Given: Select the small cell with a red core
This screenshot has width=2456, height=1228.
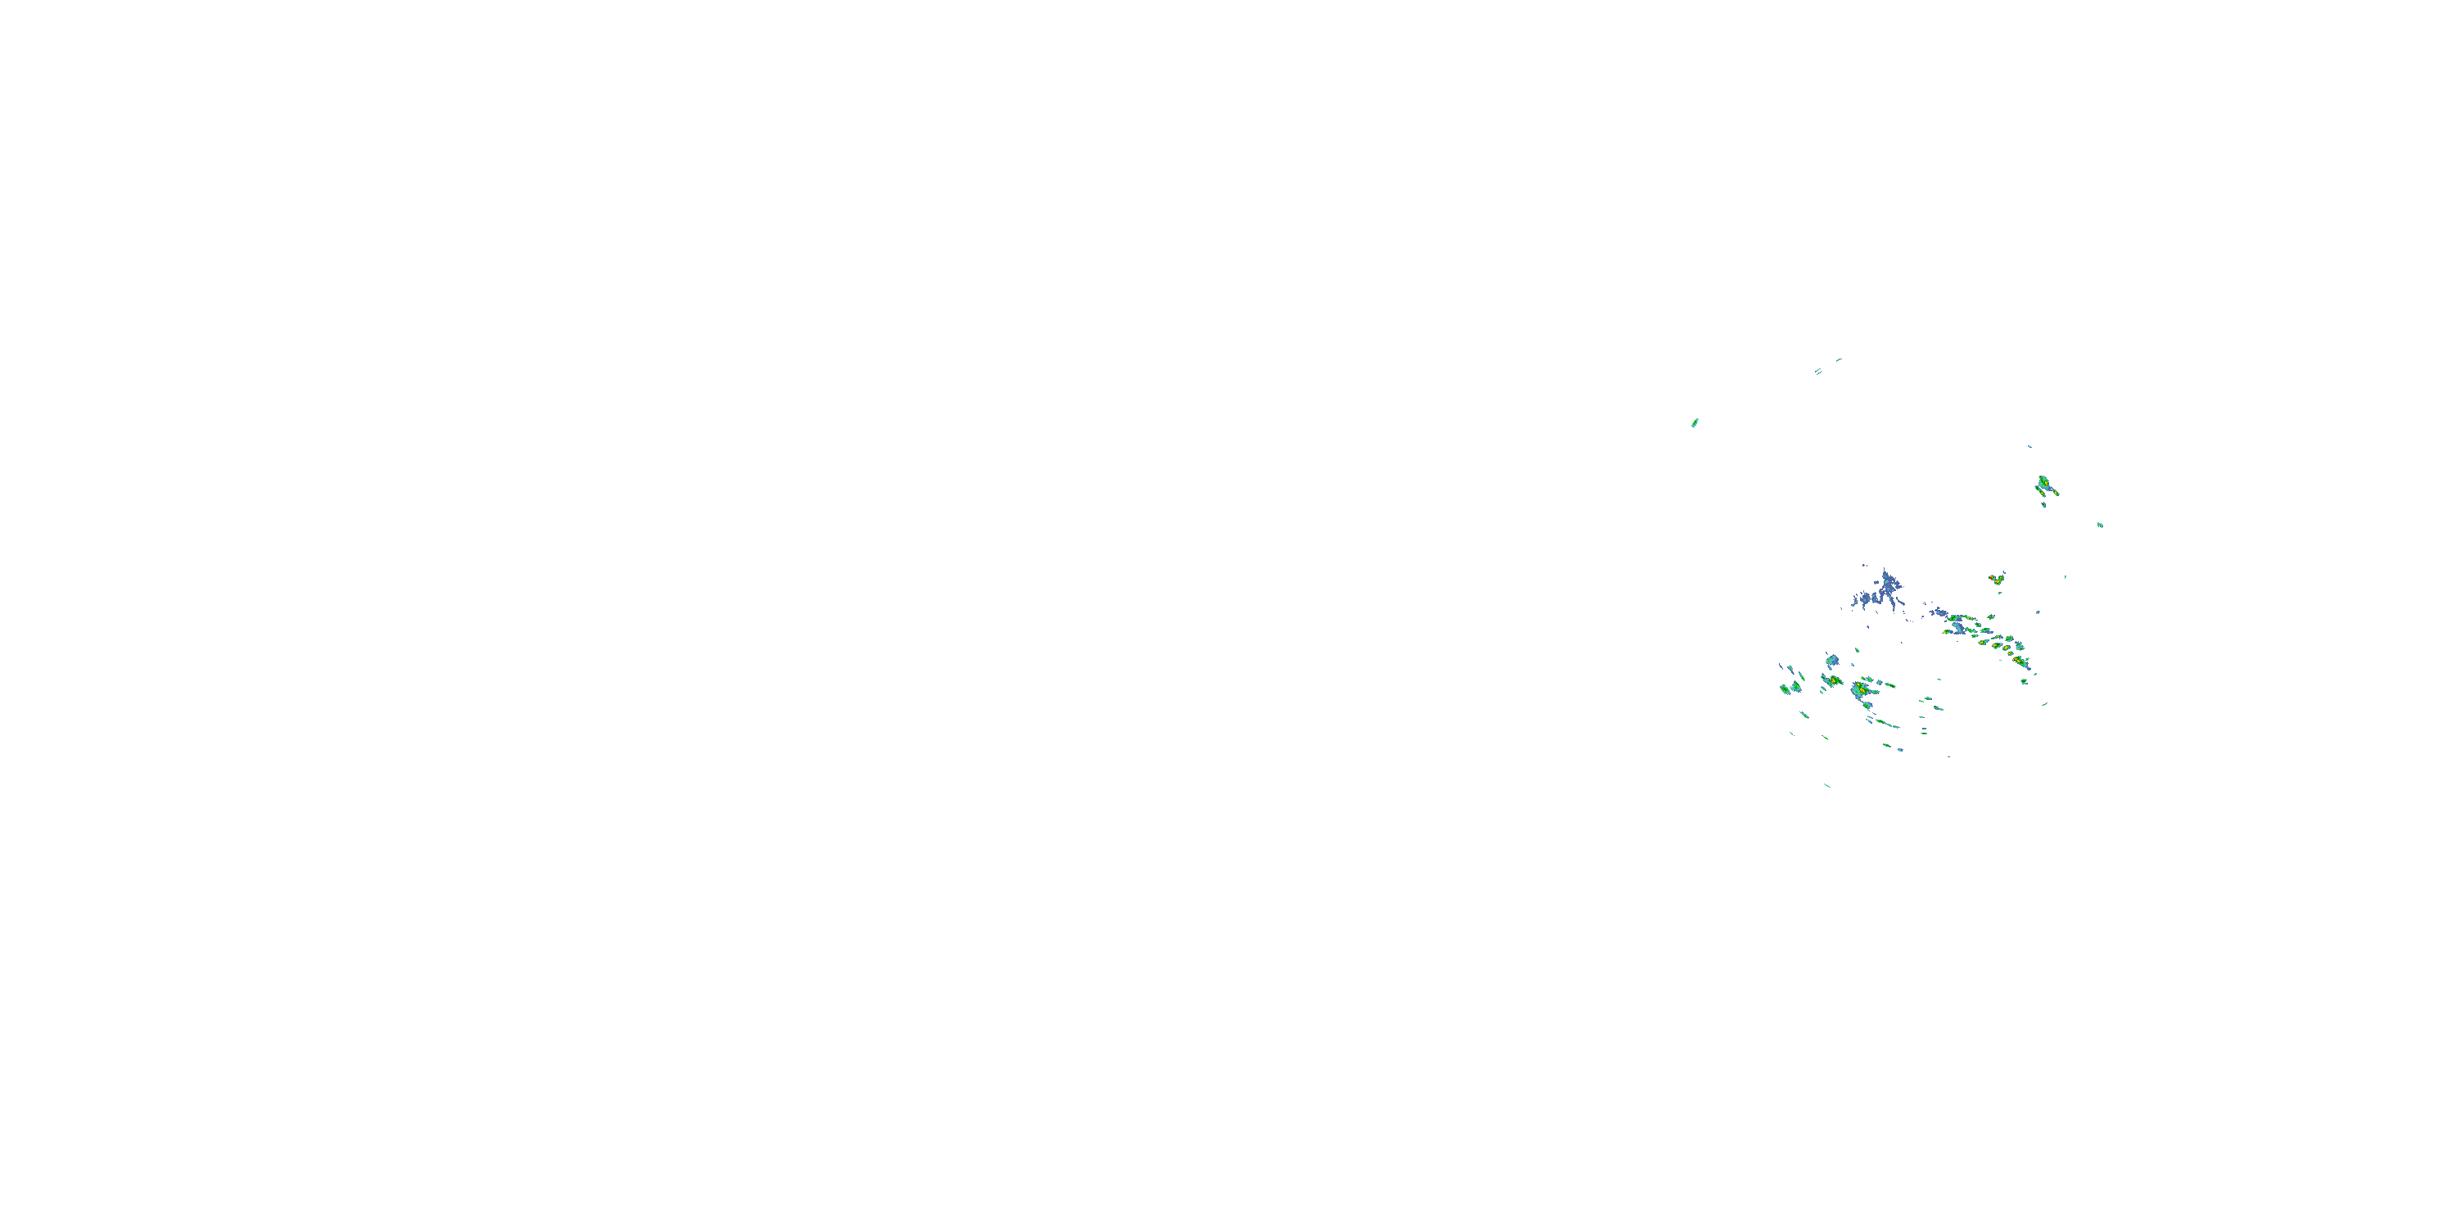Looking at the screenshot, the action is [1997, 579].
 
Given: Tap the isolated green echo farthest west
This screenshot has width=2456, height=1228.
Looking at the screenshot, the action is [1694, 422].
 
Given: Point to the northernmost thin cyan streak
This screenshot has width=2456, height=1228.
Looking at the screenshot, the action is [1838, 359].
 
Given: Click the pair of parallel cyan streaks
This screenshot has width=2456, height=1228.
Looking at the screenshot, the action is [1818, 371].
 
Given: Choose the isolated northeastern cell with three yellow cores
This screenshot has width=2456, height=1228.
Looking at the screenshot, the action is [2044, 485].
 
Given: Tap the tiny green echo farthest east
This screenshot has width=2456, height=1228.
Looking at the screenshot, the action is [2101, 525].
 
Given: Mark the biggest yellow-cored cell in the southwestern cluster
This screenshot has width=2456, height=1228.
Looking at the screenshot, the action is [1860, 688].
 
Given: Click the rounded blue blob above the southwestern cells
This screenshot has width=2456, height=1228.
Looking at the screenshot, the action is [1831, 660].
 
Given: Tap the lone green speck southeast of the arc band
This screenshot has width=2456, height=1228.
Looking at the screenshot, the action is [2044, 703].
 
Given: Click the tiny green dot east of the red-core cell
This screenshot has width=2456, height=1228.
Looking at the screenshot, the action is [2065, 576].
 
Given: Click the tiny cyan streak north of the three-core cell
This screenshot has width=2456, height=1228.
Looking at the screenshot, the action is [2029, 446].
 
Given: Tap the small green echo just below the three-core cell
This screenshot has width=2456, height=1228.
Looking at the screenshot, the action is [2043, 504].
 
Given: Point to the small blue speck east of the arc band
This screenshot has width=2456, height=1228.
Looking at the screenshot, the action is [2038, 612].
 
